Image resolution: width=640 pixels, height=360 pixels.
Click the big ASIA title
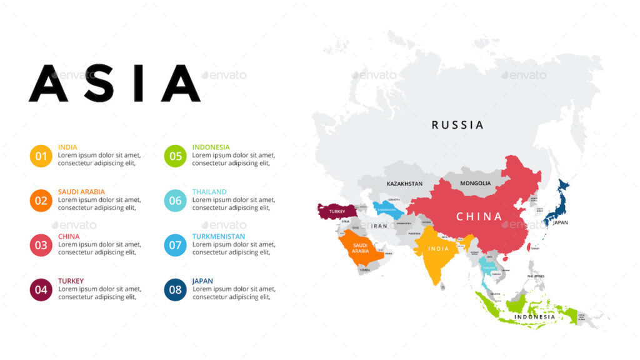[x=114, y=83]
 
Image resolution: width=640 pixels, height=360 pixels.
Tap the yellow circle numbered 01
[x=41, y=156]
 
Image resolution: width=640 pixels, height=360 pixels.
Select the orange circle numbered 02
[x=41, y=201]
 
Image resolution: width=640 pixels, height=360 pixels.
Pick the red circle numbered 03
[x=41, y=245]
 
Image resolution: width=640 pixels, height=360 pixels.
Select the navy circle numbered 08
[x=175, y=289]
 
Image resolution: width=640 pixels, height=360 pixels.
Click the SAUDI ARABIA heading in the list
[x=81, y=192]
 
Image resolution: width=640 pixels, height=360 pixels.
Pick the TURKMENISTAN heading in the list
[x=218, y=236]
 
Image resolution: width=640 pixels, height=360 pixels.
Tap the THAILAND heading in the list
[x=209, y=192]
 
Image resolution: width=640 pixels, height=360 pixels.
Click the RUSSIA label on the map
[x=457, y=125]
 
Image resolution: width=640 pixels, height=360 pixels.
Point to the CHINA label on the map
[x=479, y=217]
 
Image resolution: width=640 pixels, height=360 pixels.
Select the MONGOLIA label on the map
[x=475, y=183]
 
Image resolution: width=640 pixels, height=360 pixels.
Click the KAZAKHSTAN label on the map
[x=404, y=184]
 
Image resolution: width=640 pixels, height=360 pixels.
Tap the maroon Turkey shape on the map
[x=336, y=211]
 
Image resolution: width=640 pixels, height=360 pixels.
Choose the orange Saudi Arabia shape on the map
[x=361, y=249]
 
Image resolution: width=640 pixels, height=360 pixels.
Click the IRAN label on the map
[x=379, y=226]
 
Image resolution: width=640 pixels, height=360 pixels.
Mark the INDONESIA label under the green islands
[x=534, y=317]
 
